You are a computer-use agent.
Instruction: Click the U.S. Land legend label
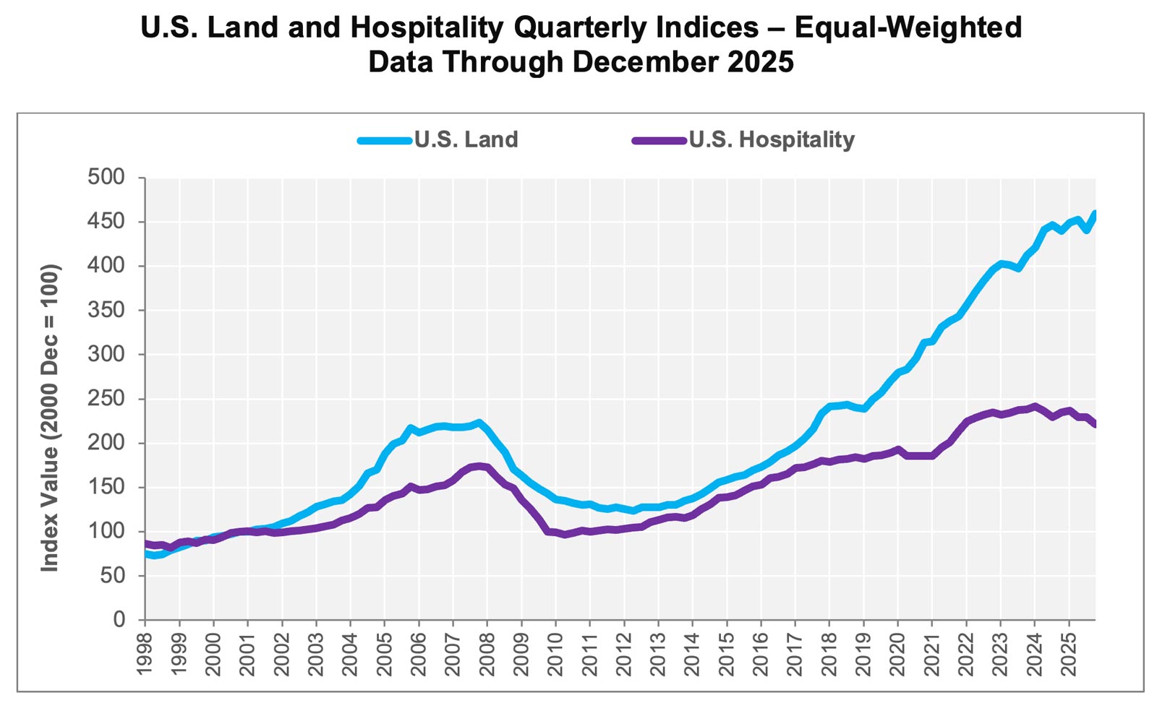(466, 139)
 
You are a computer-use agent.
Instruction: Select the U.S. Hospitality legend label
(771, 139)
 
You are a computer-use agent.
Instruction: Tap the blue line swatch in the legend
(385, 140)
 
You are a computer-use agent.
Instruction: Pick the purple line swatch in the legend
(659, 140)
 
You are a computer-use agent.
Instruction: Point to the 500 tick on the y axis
(106, 177)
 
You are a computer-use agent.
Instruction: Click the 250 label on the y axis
(106, 399)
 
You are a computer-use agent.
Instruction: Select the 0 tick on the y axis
(119, 620)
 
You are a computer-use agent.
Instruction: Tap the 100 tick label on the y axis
(106, 531)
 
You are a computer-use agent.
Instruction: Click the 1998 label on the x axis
(145, 654)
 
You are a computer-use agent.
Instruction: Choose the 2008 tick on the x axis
(487, 654)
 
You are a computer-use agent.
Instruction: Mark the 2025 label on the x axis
(1069, 654)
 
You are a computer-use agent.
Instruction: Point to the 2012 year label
(624, 654)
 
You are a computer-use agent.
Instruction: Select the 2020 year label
(897, 654)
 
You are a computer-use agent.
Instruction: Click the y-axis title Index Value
(50, 419)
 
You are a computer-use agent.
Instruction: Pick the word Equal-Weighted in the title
(908, 28)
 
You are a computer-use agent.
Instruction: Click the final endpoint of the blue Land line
(1094, 214)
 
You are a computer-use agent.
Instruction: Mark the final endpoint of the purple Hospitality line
(1094, 424)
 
